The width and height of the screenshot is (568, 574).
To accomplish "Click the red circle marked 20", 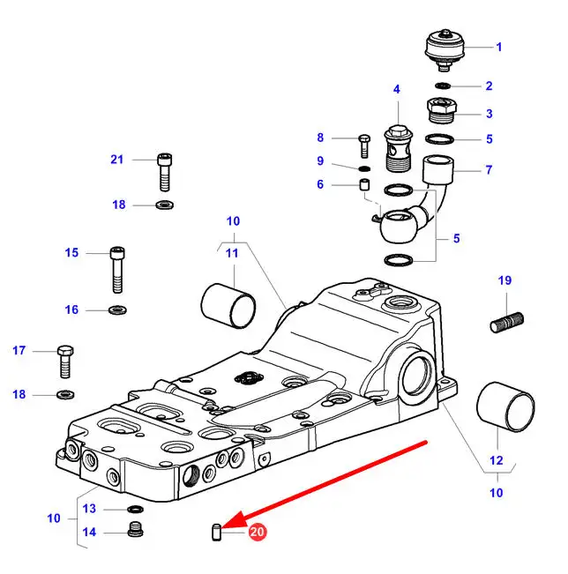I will (x=258, y=532).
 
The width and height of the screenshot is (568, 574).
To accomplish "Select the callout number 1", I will (x=498, y=47).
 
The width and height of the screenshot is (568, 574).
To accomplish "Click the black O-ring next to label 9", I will (x=364, y=168).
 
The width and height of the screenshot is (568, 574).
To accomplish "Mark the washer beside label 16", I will (x=116, y=309).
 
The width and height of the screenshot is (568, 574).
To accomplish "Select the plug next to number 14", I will (x=135, y=532).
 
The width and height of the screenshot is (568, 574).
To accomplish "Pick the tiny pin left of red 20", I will (x=217, y=531).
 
